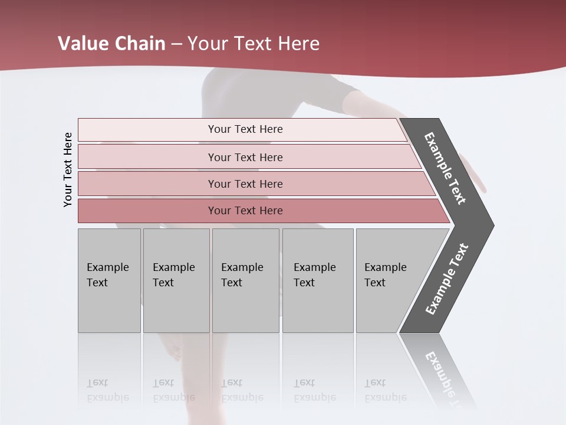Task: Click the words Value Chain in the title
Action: click(111, 44)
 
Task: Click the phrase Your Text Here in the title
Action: click(254, 44)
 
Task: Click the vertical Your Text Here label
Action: click(68, 170)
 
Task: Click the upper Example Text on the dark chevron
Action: click(446, 168)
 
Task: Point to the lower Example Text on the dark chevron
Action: click(447, 279)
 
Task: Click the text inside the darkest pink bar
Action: click(245, 211)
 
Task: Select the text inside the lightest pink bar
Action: click(245, 129)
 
